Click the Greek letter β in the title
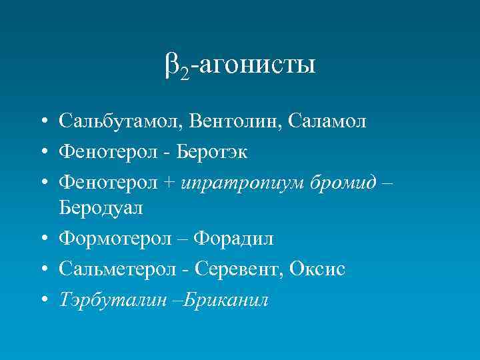(171, 65)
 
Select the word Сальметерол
(121, 268)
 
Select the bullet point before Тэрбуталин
(42, 299)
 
